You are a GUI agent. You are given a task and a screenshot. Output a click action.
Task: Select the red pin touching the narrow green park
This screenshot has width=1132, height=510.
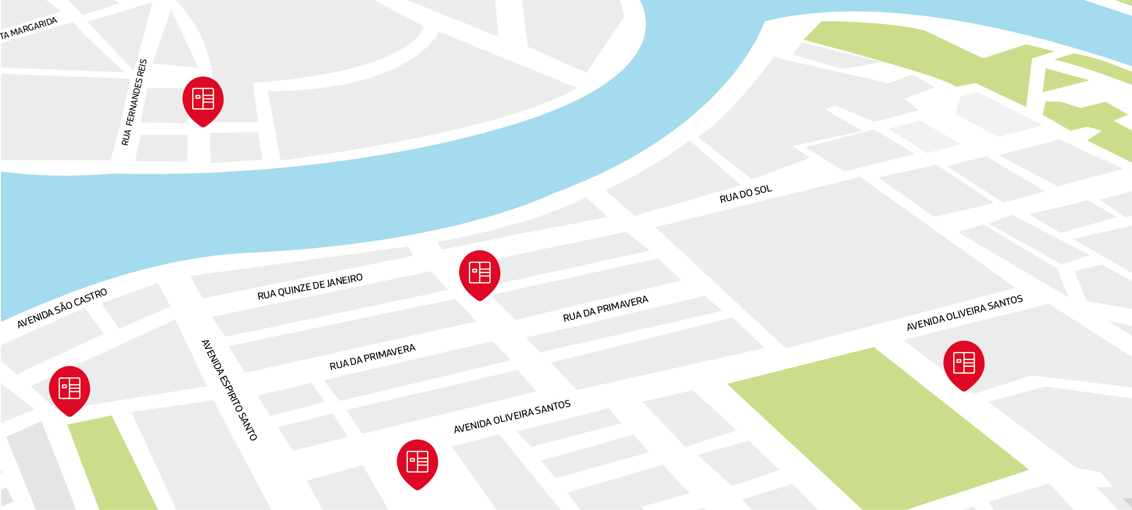pyautogui.click(x=69, y=388)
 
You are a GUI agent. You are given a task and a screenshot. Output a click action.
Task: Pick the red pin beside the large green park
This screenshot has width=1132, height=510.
pyautogui.click(x=964, y=363)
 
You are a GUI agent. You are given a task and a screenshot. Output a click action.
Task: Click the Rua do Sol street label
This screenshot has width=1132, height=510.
pyautogui.click(x=746, y=194)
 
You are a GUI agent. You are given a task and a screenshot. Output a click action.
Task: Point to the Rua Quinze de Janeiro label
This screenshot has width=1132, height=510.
pyautogui.click(x=310, y=286)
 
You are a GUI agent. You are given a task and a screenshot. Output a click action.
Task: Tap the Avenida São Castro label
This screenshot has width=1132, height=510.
pyautogui.click(x=62, y=308)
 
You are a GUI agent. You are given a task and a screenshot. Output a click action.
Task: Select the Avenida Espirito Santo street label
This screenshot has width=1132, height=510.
pyautogui.click(x=229, y=389)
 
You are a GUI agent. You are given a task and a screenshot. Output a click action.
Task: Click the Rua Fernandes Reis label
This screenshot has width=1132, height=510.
pyautogui.click(x=134, y=102)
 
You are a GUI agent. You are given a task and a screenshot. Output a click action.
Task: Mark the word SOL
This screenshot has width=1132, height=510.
pyautogui.click(x=762, y=190)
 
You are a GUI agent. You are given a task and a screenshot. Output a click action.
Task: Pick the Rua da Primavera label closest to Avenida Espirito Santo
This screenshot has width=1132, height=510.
pyautogui.click(x=372, y=357)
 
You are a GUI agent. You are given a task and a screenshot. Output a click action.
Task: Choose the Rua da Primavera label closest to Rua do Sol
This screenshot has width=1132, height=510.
pyautogui.click(x=605, y=308)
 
